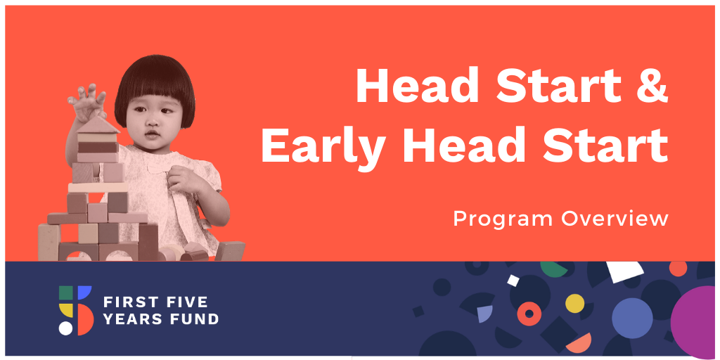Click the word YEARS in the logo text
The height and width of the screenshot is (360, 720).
pyautogui.click(x=136, y=319)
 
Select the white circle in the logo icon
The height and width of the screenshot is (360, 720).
pyautogui.click(x=65, y=328)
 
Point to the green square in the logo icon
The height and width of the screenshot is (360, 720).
pyautogui.click(x=65, y=293)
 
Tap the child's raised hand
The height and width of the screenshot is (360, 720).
pyautogui.click(x=87, y=102)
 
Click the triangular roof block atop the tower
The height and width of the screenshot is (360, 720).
pyautogui.click(x=98, y=124)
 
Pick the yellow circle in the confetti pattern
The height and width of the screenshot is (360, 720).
pyautogui.click(x=574, y=304)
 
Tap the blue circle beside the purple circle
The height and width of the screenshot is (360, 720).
pyautogui.click(x=632, y=319)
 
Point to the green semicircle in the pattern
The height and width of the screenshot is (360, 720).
pyautogui.click(x=554, y=268)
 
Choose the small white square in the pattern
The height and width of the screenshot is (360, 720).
pyautogui.click(x=513, y=280)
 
